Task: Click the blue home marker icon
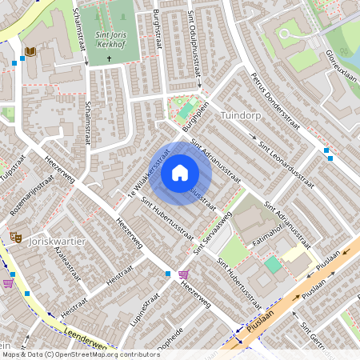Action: pyautogui.click(x=180, y=173)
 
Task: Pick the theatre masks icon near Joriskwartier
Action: pyautogui.click(x=14, y=238)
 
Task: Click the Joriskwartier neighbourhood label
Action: pyautogui.click(x=56, y=240)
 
